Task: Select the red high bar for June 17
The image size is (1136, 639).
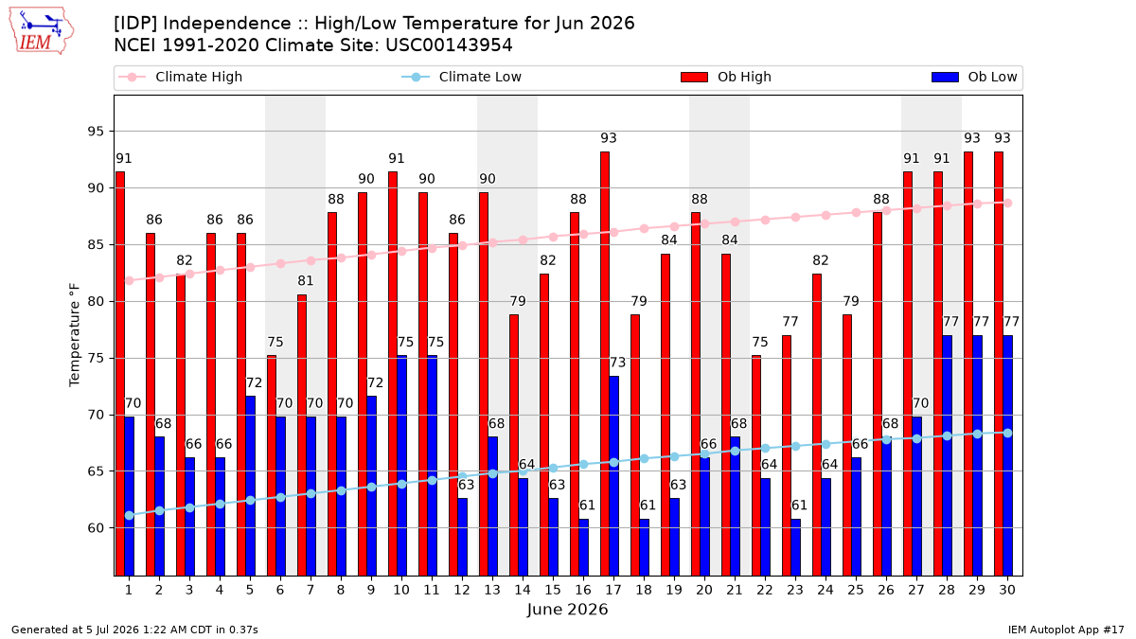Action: (605, 364)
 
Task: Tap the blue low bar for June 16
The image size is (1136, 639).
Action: (584, 548)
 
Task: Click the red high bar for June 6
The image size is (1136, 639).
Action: (272, 466)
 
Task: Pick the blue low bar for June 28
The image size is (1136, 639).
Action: (947, 455)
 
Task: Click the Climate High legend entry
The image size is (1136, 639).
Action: (180, 77)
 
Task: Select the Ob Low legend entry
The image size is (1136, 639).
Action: (974, 77)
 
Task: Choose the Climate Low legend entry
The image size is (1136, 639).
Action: (462, 77)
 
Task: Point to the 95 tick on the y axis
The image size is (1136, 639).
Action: (96, 132)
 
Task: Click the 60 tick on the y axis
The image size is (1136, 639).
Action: (96, 528)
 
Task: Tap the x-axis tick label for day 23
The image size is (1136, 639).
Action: (795, 590)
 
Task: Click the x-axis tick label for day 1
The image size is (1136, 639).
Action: (129, 590)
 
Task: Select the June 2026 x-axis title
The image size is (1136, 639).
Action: (567, 609)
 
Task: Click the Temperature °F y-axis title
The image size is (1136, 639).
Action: (75, 335)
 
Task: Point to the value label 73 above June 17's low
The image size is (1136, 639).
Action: (617, 363)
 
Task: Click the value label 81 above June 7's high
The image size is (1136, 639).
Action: (305, 280)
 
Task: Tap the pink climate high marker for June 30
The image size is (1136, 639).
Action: (1007, 203)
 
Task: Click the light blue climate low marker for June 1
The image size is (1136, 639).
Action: (130, 515)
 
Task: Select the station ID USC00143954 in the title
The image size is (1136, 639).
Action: (449, 45)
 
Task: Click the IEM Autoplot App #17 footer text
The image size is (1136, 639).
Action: (1066, 630)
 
